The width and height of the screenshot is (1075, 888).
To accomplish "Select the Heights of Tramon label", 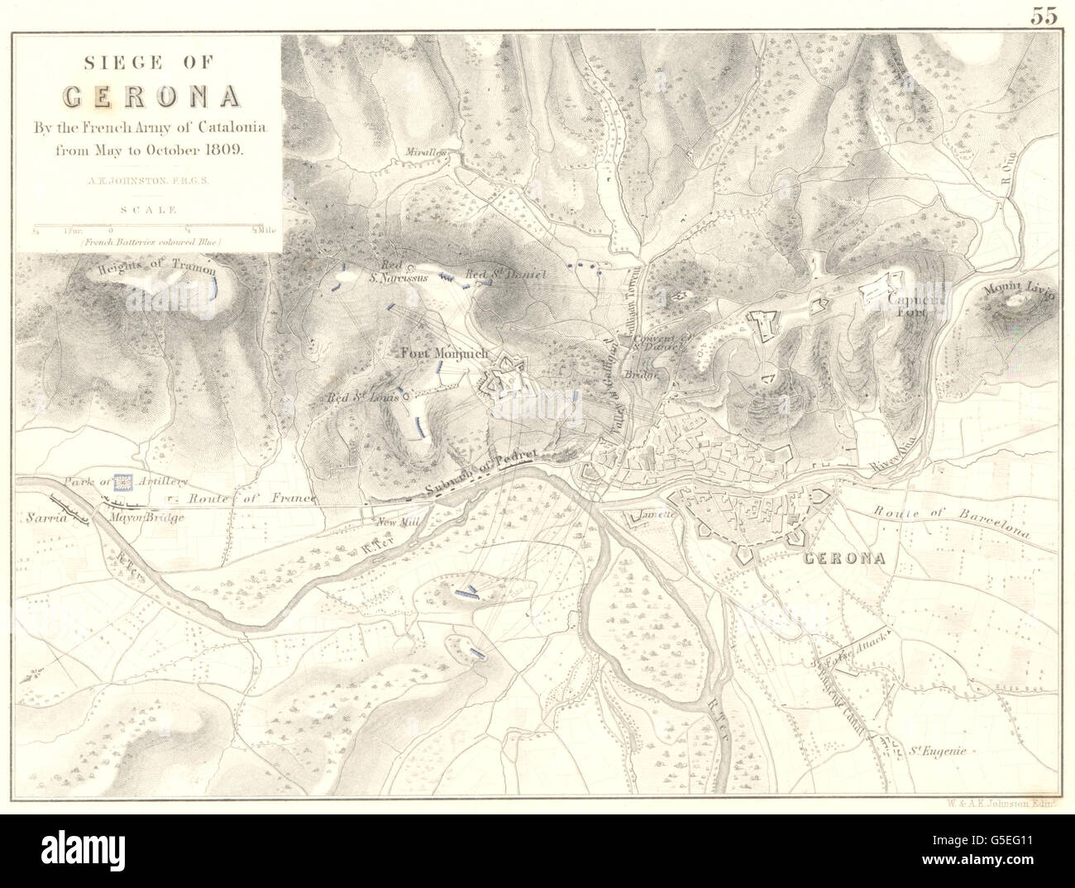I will pos(156,270).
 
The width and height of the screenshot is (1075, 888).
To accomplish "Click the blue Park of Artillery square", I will pos(123,480).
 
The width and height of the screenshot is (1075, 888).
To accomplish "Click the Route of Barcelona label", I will pos(952,522).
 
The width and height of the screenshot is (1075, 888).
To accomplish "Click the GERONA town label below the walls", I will pos(843,558).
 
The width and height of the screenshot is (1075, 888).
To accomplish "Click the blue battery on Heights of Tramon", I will pos(216,287).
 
